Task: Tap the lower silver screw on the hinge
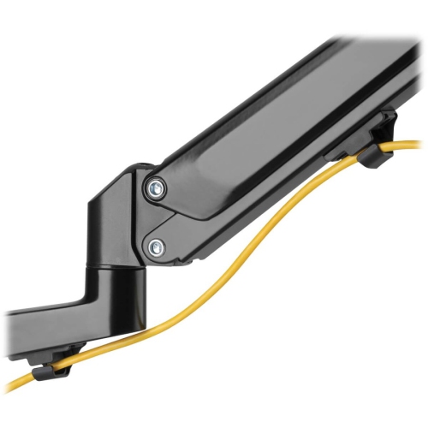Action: (155, 248)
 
